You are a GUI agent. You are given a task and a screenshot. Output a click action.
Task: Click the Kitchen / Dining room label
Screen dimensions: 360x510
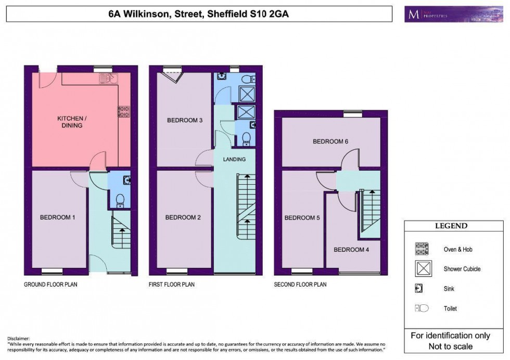coord(71,122)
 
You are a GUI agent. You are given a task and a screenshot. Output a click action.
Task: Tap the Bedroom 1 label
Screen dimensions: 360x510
coord(57,217)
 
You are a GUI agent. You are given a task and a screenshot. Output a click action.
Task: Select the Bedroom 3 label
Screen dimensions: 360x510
coord(184,121)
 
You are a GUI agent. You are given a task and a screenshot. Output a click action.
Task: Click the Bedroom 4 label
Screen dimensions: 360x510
coord(351,250)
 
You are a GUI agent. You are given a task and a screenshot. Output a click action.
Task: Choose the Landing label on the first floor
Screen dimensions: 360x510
coord(234,159)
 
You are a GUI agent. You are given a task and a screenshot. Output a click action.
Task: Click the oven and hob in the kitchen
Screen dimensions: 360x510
coord(124,111)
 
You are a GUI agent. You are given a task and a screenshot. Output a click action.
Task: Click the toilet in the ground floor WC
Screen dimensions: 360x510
coord(119,199)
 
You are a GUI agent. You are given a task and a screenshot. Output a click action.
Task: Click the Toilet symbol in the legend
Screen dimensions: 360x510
coord(422,308)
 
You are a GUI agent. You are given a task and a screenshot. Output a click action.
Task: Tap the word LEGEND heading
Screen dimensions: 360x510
coord(451,226)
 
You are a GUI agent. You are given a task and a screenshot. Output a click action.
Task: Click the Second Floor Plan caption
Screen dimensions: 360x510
coord(300,285)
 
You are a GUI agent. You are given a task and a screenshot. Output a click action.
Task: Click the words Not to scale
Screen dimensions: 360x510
coord(451,346)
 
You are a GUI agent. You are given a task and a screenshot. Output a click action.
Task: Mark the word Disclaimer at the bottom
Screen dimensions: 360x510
coord(19,338)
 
